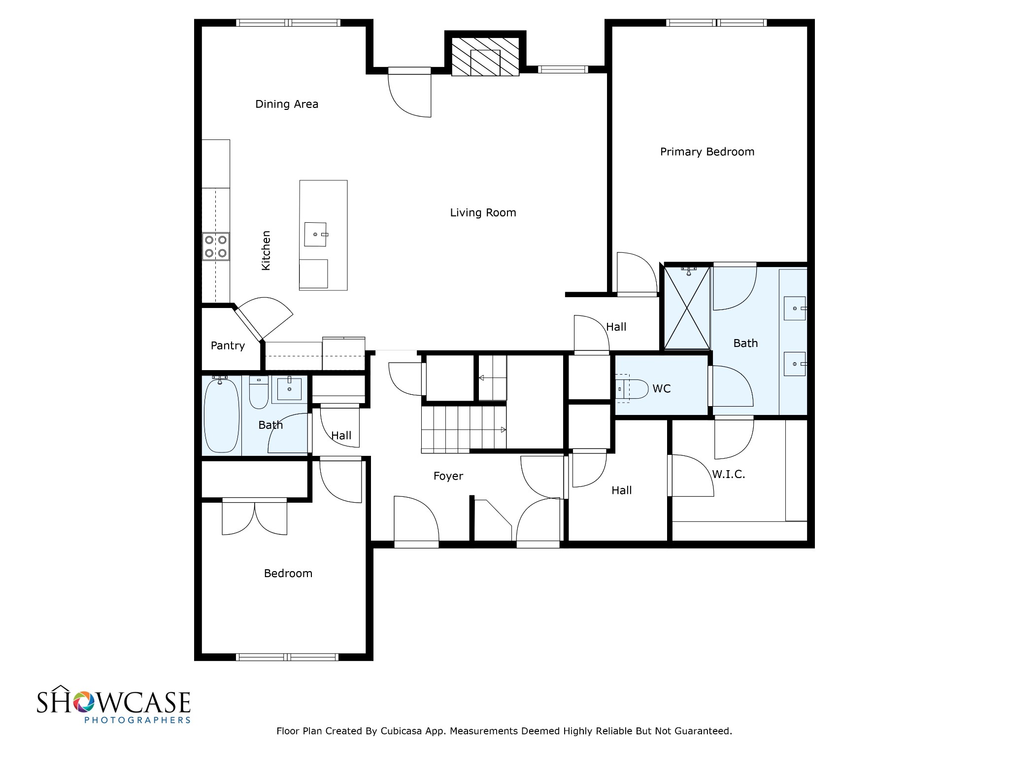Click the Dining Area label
pyautogui.click(x=287, y=104)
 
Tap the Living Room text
pyautogui.click(x=483, y=212)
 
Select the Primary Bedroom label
pyautogui.click(x=707, y=152)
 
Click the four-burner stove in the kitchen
pyautogui.click(x=216, y=246)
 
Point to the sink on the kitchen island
pyautogui.click(x=315, y=234)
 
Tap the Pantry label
pyautogui.click(x=228, y=345)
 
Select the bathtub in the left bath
pyautogui.click(x=221, y=415)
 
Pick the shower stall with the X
pyautogui.click(x=687, y=308)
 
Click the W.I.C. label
pyautogui.click(x=728, y=475)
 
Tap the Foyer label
pyautogui.click(x=448, y=476)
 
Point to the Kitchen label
pyautogui.click(x=266, y=250)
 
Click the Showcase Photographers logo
pyautogui.click(x=113, y=704)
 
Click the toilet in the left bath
pyautogui.click(x=259, y=392)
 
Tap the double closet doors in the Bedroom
pyautogui.click(x=254, y=516)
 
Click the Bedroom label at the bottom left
pyautogui.click(x=288, y=574)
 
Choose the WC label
pyautogui.click(x=662, y=389)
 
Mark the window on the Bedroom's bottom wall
pyautogui.click(x=287, y=657)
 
